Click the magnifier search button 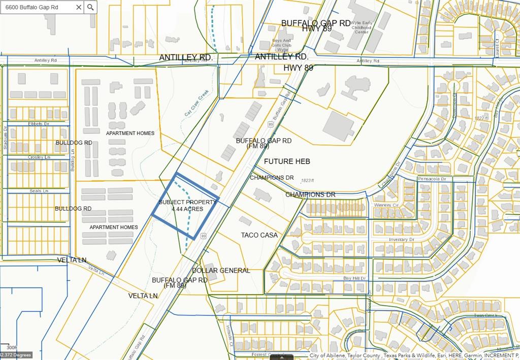[90, 7]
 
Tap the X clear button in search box [79, 7]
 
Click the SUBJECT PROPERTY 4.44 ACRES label [187, 206]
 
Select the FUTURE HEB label [287, 161]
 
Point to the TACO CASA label [259, 235]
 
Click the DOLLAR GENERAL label [221, 271]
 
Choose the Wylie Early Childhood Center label [361, 27]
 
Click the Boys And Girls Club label [281, 45]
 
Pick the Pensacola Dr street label [432, 179]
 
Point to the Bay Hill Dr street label [354, 278]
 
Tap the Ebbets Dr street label [39, 123]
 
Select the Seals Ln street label [39, 191]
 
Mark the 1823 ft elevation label [308, 180]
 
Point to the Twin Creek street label [484, 315]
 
